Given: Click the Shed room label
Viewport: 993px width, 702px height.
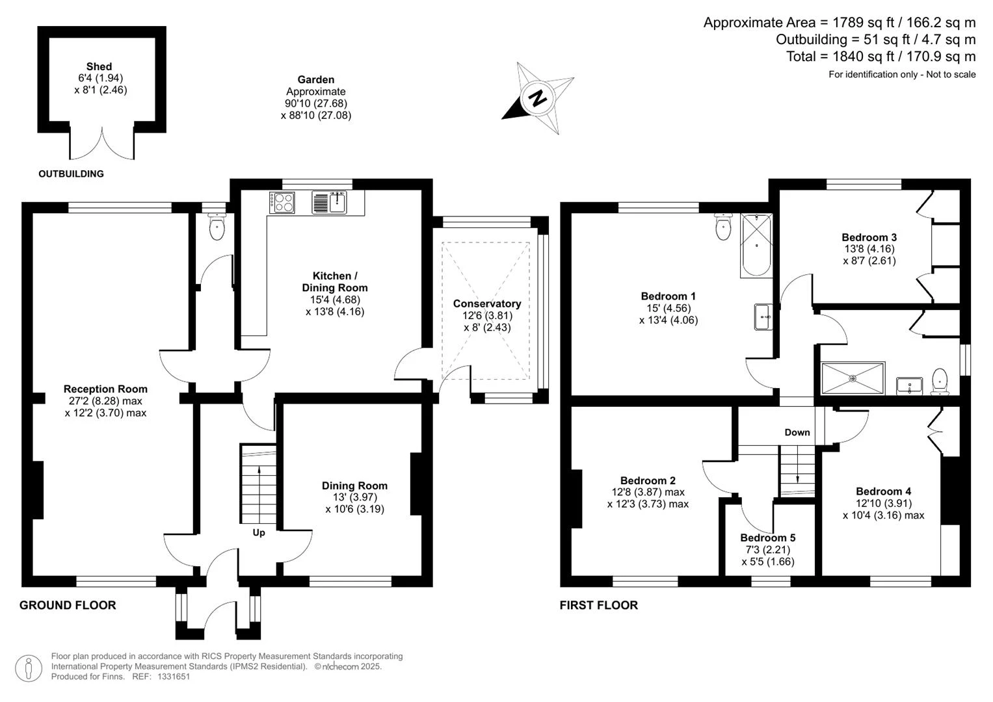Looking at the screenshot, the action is click(99, 66).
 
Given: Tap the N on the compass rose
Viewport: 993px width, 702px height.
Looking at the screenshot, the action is click(538, 98).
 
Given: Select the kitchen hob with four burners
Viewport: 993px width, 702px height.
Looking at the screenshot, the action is click(282, 203).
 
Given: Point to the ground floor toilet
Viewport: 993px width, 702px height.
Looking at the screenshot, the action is click(217, 226).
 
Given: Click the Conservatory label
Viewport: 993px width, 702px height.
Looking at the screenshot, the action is click(487, 304).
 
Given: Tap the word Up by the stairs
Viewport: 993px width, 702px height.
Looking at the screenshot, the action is click(258, 533).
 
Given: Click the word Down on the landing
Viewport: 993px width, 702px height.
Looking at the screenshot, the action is click(797, 432).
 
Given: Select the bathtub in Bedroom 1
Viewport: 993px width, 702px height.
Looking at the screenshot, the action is click(756, 246).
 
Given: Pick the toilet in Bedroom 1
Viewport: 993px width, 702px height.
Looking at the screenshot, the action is click(724, 226).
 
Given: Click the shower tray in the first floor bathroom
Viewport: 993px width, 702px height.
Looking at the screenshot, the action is click(853, 378).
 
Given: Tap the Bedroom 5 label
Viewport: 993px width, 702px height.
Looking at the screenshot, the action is click(768, 538).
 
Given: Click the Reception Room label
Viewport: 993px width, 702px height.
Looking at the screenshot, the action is click(105, 389).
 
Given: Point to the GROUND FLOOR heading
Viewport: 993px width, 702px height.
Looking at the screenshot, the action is click(68, 605).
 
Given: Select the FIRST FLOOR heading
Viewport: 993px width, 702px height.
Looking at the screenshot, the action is click(598, 605).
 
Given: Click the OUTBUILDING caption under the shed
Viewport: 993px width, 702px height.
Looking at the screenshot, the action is click(71, 174).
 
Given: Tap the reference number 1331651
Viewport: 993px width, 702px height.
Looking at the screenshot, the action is click(174, 677).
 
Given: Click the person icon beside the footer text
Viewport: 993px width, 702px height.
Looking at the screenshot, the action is click(29, 668).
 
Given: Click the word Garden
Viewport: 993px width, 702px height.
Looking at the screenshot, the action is click(315, 79).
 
